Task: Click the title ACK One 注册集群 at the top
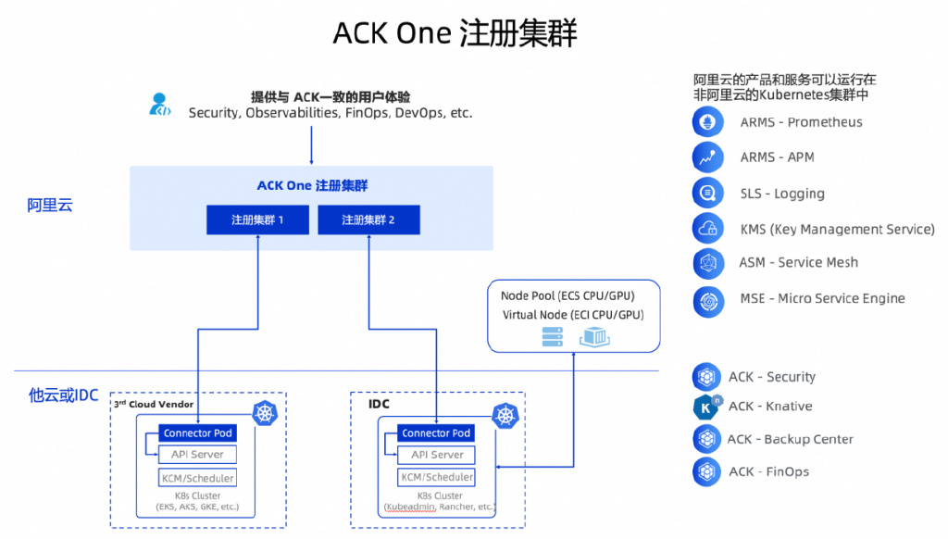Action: [x=455, y=33]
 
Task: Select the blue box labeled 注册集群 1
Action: [x=257, y=220]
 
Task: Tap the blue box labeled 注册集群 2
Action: [x=368, y=220]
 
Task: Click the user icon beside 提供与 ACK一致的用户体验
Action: [x=160, y=104]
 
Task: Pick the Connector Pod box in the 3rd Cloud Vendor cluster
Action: [x=198, y=432]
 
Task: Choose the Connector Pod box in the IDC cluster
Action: [x=436, y=432]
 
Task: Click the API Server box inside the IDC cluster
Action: [x=436, y=455]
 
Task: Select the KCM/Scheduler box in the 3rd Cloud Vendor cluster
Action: [x=198, y=478]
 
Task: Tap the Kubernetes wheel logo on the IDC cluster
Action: [x=505, y=415]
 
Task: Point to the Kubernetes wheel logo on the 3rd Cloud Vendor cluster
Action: [x=266, y=415]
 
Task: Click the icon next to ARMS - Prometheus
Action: [x=707, y=122]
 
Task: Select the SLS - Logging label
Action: [x=782, y=194]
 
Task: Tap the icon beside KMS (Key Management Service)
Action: [x=707, y=229]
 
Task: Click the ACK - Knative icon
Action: [x=707, y=407]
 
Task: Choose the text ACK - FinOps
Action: [x=768, y=471]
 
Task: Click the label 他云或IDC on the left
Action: [x=62, y=395]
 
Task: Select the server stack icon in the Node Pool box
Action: [x=553, y=337]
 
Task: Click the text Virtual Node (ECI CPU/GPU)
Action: [x=573, y=315]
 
